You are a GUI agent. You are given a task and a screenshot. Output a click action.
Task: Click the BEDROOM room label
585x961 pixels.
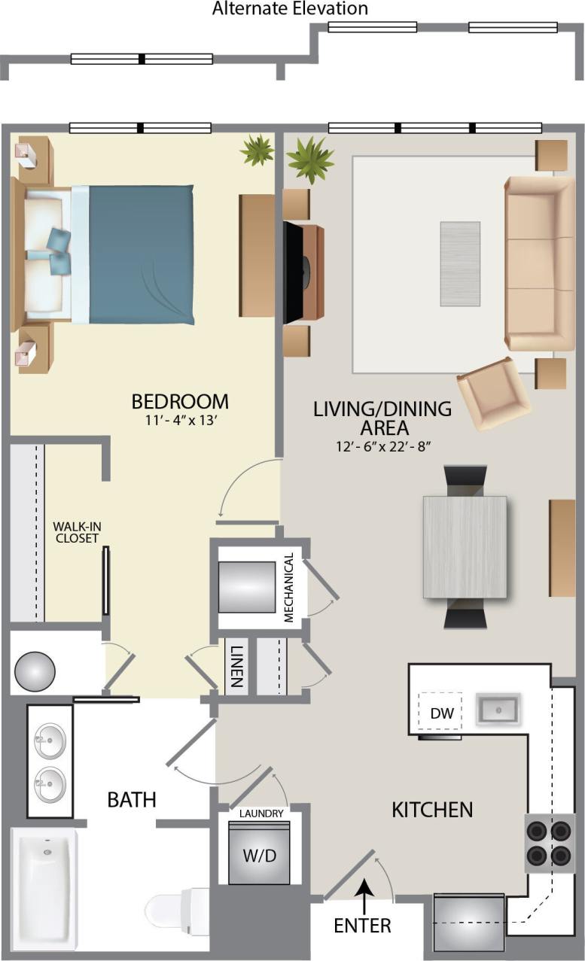tap(180, 401)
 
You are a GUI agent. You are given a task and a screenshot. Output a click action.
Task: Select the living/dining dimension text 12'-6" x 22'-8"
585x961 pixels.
tap(382, 446)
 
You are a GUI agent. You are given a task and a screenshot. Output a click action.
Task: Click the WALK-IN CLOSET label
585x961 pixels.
tap(76, 531)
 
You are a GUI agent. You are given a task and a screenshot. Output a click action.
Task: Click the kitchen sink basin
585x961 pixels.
tap(496, 710)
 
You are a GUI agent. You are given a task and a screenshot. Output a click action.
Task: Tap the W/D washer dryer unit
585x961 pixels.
tap(259, 854)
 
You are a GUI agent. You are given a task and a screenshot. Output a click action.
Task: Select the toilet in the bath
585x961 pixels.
tap(175, 909)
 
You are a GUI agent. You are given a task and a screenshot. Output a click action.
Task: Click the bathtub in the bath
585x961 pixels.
tap(44, 888)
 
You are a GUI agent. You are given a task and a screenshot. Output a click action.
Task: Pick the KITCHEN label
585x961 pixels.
tap(432, 810)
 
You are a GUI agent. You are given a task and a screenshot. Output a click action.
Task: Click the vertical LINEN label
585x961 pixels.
tap(236, 666)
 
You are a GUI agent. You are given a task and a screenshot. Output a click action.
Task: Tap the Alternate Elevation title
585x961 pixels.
tap(290, 9)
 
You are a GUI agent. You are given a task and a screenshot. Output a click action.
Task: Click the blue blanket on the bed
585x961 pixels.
tap(142, 254)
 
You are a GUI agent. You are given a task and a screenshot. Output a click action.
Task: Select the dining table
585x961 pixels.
tap(465, 547)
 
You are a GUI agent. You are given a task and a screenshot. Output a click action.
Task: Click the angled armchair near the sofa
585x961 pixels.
tap(493, 393)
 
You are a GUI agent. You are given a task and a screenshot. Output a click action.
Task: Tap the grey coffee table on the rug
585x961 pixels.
tap(460, 263)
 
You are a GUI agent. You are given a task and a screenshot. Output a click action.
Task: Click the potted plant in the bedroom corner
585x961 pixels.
tap(257, 150)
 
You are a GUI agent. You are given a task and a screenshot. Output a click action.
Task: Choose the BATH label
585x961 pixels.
tap(132, 799)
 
